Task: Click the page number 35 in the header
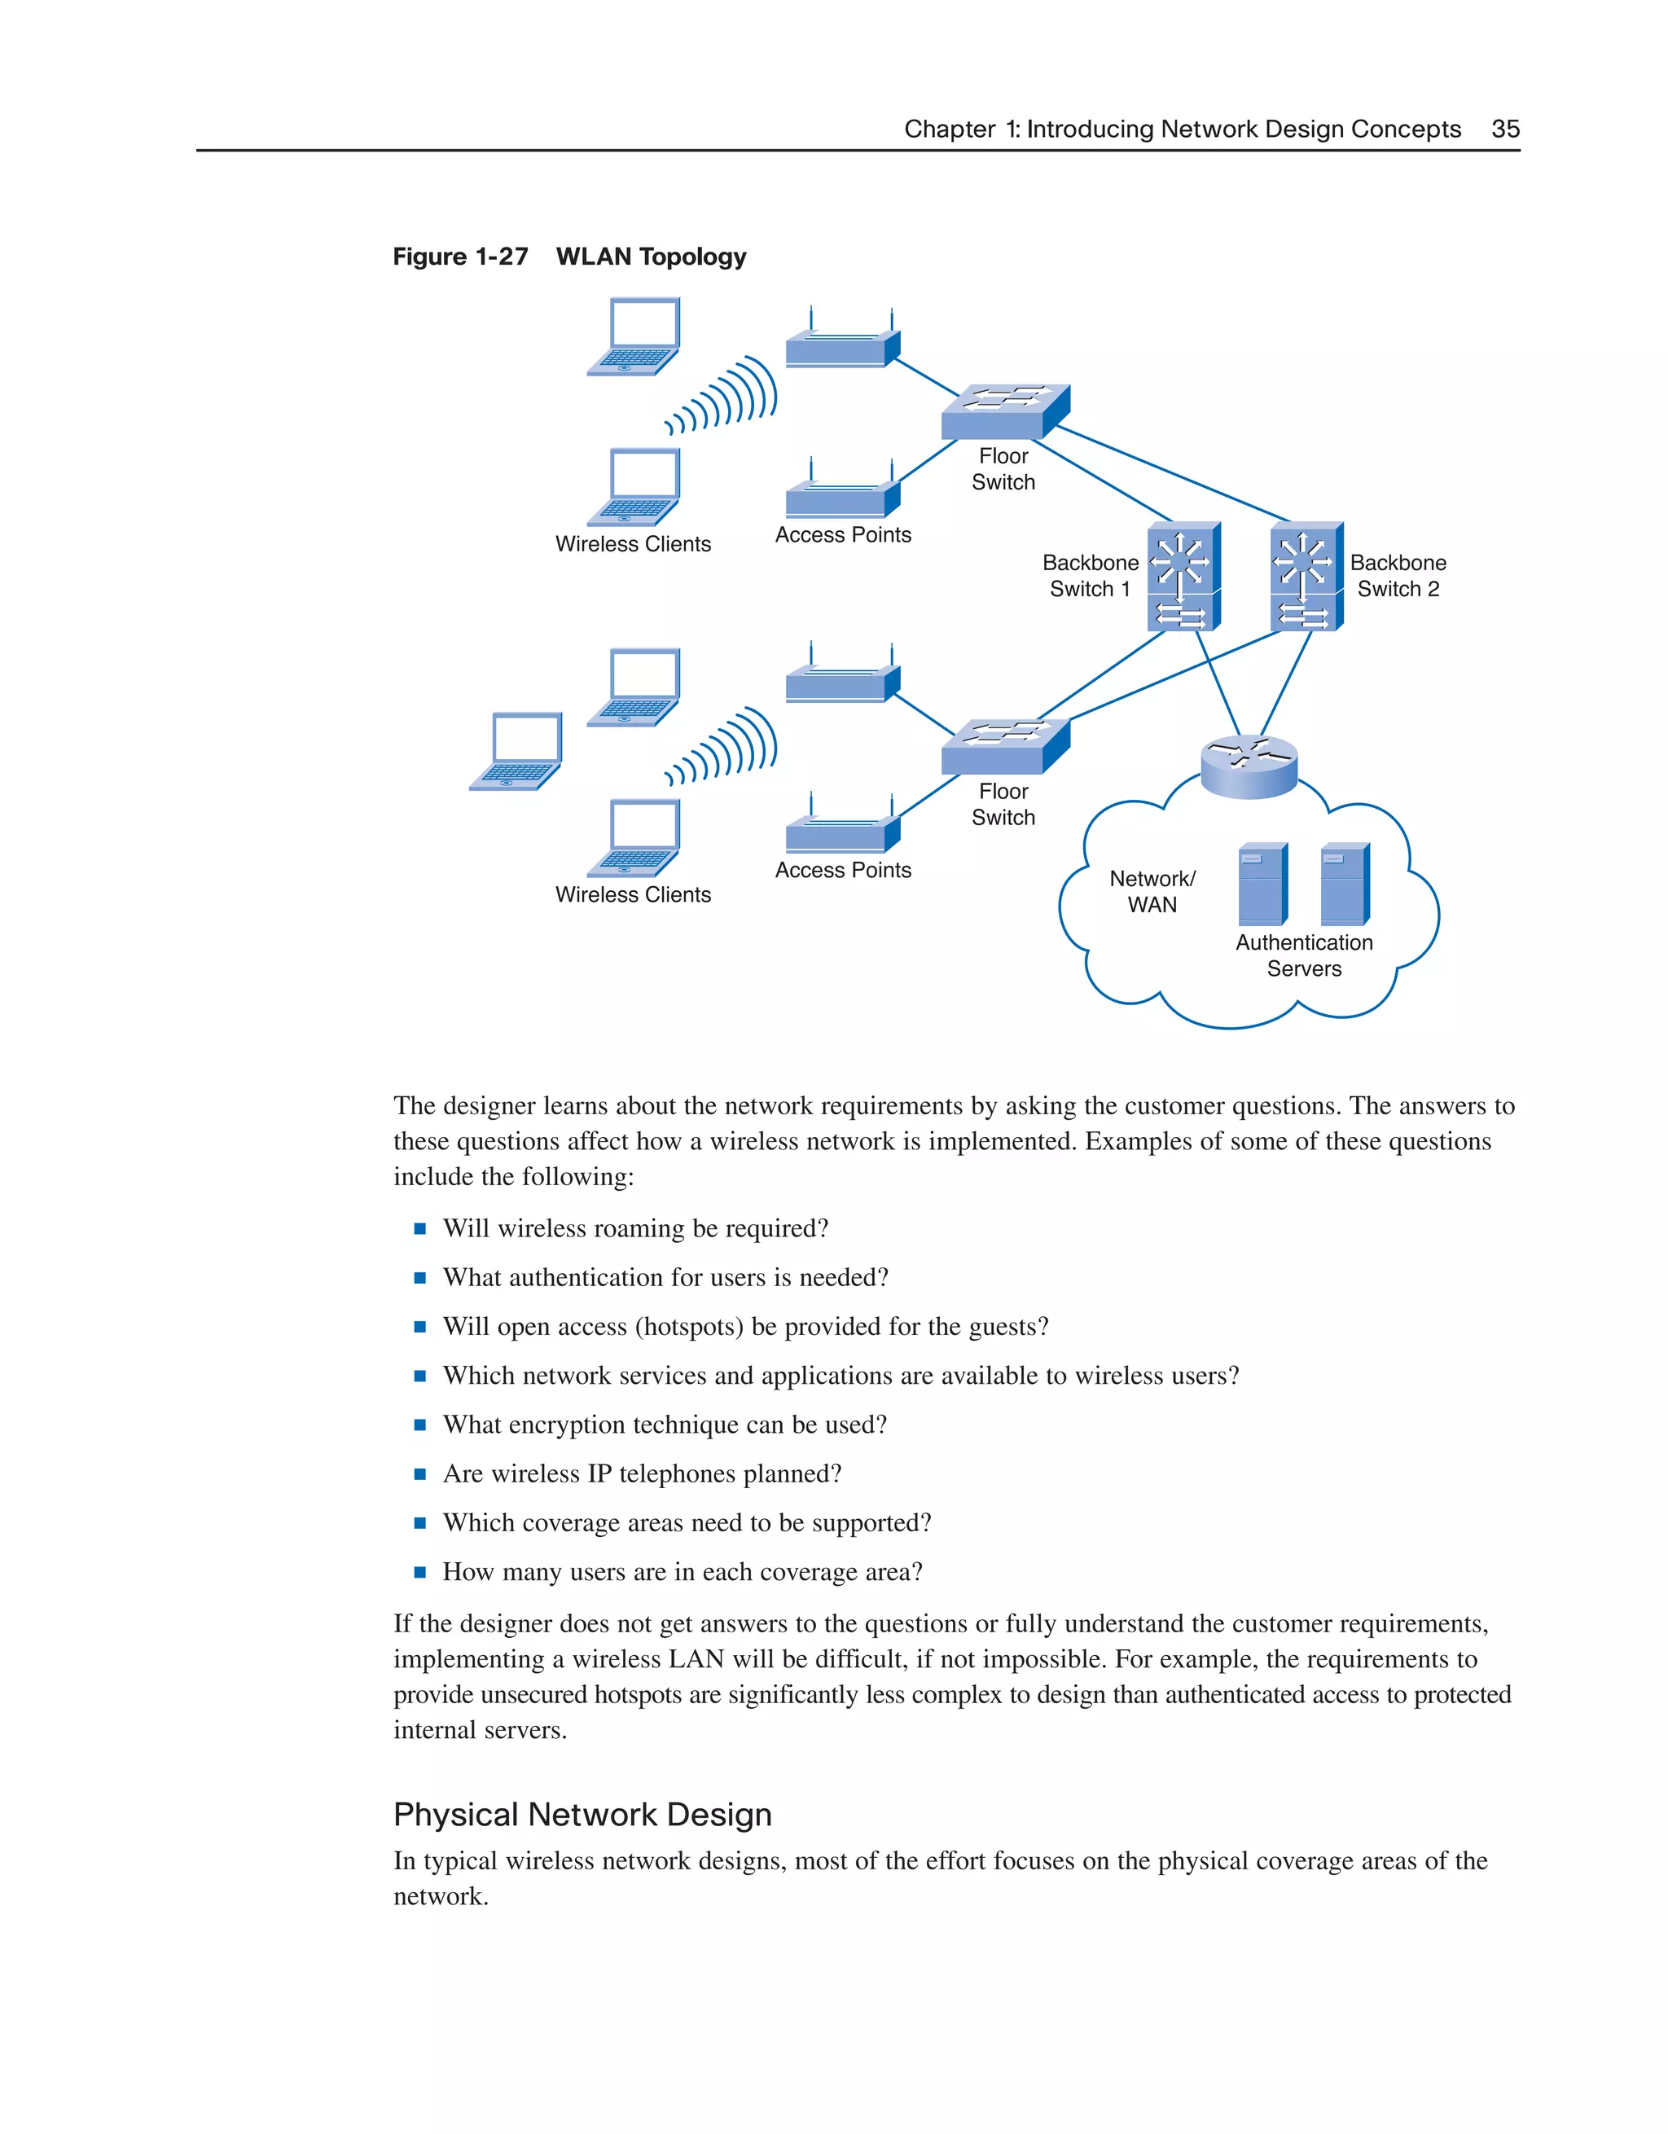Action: (1505, 129)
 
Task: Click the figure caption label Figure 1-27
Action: (460, 257)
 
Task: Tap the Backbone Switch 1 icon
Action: (1183, 577)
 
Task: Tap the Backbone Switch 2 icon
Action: (1306, 577)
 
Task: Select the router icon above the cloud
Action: (1249, 766)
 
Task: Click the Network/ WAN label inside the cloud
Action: (1152, 891)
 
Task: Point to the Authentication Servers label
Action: (1303, 955)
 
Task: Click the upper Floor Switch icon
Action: (1004, 411)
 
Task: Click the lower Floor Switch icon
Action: (1004, 747)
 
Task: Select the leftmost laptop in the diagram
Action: (516, 752)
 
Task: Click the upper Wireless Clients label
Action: (633, 544)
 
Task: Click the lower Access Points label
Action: (842, 871)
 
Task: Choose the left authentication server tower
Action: (1262, 885)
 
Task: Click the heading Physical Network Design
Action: (582, 1815)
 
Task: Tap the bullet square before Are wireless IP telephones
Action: (420, 1474)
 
